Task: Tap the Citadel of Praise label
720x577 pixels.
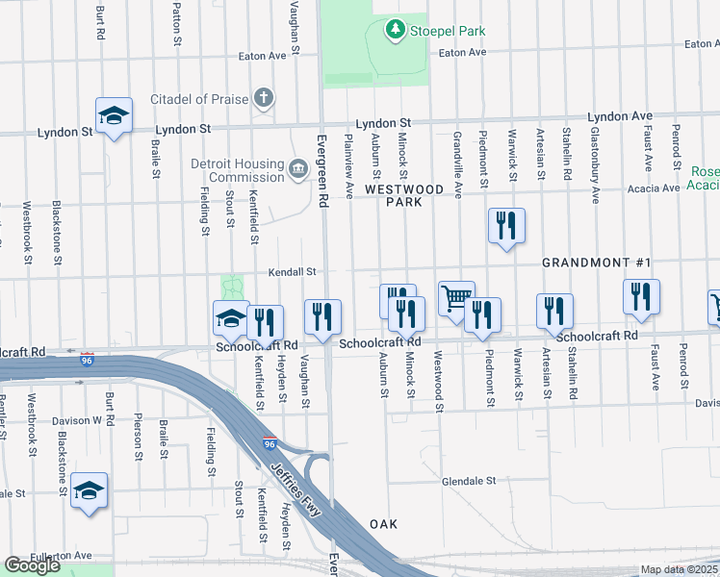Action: (x=199, y=99)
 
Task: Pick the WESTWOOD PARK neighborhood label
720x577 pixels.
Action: (x=405, y=196)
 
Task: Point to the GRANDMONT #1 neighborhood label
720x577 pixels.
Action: (x=597, y=263)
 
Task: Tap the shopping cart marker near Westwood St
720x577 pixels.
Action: (x=455, y=297)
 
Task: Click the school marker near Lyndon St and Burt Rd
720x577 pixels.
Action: (x=114, y=116)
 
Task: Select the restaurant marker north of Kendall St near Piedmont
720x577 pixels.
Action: (x=506, y=227)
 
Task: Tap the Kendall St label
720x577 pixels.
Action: (x=293, y=272)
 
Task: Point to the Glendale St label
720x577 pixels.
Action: (x=468, y=480)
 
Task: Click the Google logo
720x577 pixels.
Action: (x=32, y=565)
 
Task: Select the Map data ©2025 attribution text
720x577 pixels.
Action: (x=680, y=570)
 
